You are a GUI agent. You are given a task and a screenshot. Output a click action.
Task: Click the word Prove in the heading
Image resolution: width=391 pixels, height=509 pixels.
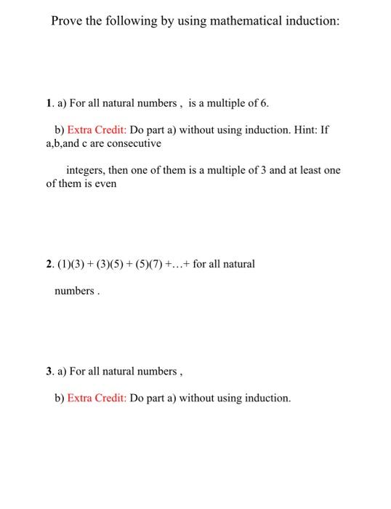point(67,21)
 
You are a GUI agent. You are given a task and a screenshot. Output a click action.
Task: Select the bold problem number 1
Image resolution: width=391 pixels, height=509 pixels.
point(48,103)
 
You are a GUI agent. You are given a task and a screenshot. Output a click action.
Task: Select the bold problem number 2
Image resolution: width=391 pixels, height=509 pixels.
point(48,263)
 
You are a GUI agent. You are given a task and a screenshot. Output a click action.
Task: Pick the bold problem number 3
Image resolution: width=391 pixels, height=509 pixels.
point(48,372)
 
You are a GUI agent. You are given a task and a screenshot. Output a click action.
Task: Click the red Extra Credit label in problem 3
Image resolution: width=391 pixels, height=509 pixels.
point(97,398)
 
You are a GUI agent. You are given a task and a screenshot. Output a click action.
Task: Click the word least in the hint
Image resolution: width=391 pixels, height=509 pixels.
point(306,170)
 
